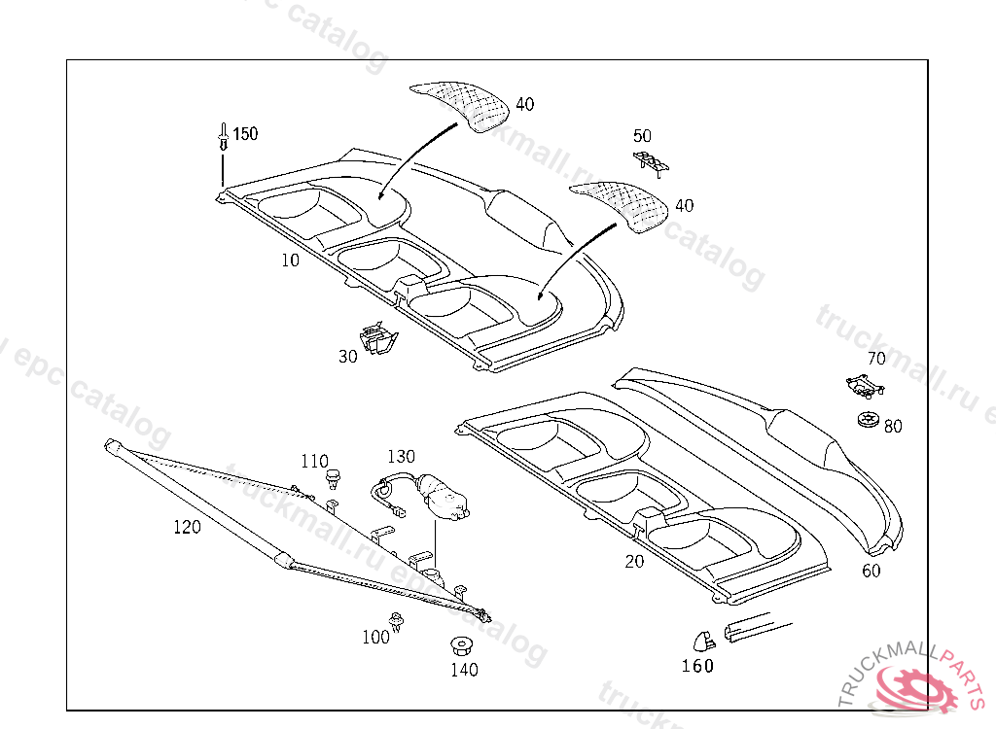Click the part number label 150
pos(245,134)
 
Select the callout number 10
pos(290,260)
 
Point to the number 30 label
pos(348,357)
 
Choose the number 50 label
pos(642,136)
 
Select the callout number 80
pos(893,427)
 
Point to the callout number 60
pos(871,571)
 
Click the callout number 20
pos(634,561)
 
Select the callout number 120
pos(187,528)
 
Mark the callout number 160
pos(697,666)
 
